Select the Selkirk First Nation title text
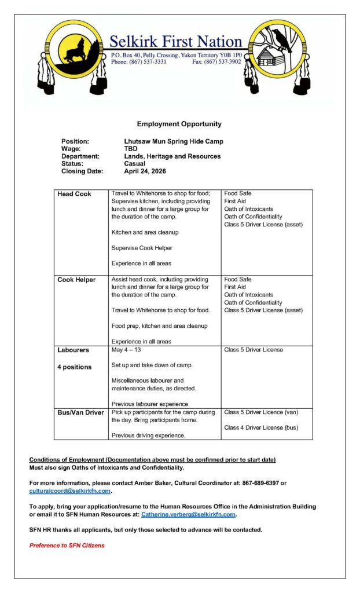[x=176, y=42]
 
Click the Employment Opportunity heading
[x=179, y=124]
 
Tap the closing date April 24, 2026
[x=145, y=171]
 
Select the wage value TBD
[x=131, y=149]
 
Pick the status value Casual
[x=135, y=164]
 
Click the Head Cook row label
[x=74, y=194]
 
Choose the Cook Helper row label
[x=76, y=280]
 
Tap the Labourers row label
[x=73, y=350]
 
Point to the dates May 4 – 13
[x=128, y=350]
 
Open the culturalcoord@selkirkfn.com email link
[x=69, y=491]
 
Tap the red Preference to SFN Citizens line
[x=67, y=546]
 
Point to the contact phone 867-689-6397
[x=255, y=484]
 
